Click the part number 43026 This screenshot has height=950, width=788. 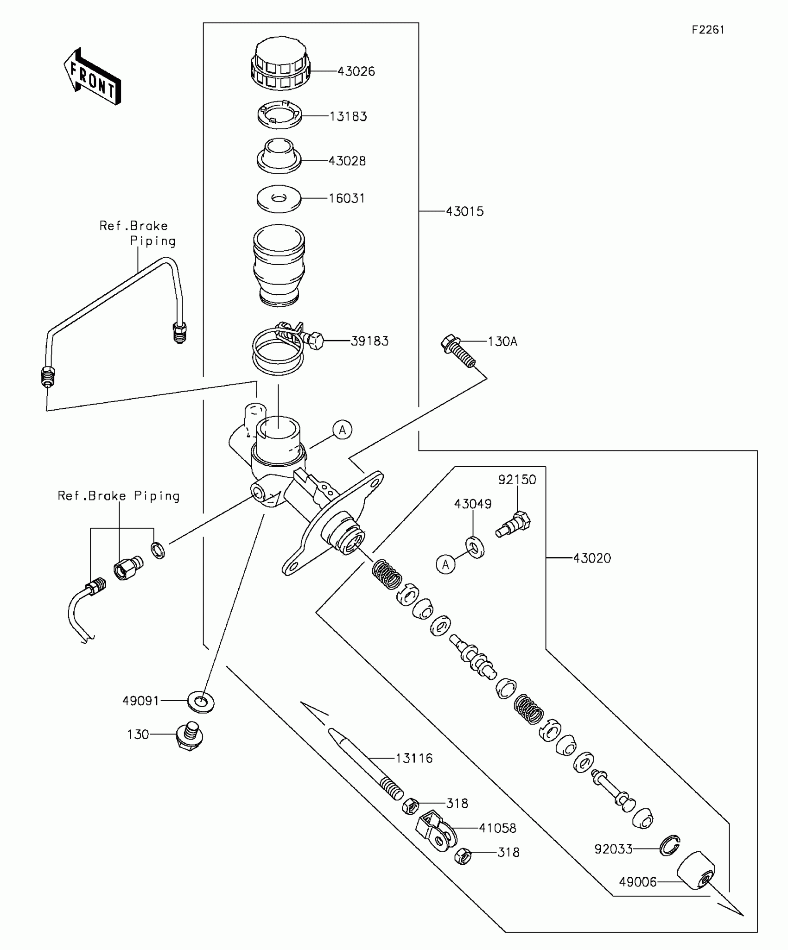coord(356,71)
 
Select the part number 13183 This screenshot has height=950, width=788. coord(348,116)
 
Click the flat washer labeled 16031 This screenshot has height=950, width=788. coord(279,199)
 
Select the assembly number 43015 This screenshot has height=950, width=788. coord(464,211)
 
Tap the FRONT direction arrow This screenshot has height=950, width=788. coord(92,76)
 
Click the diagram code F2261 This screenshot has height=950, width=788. coord(708,30)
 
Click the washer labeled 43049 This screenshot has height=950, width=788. coord(475,547)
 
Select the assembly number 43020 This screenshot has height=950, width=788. coord(592,558)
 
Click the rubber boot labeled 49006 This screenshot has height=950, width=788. coord(696,870)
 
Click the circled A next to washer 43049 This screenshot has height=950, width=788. coord(446,564)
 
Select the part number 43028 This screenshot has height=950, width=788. coord(347,161)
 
